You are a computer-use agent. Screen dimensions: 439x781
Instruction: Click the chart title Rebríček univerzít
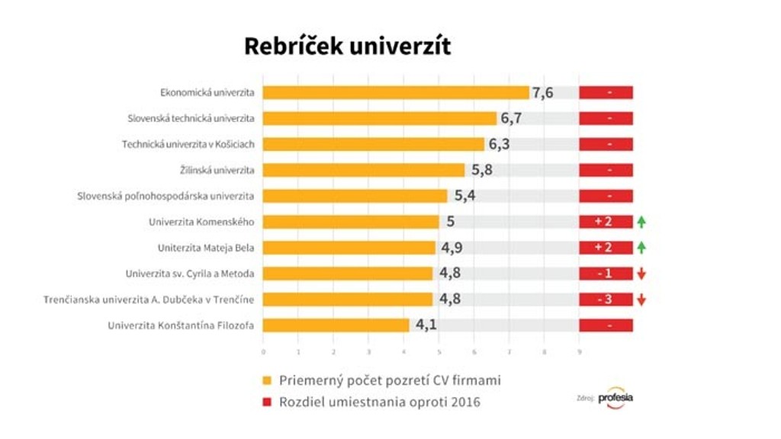tap(347, 46)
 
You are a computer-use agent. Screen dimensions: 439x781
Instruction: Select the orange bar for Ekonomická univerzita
tap(396, 93)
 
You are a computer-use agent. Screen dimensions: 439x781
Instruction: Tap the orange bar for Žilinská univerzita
tap(364, 170)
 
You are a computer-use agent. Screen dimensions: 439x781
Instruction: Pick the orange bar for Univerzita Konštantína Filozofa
tap(336, 325)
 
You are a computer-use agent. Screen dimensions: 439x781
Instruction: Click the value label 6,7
tap(511, 119)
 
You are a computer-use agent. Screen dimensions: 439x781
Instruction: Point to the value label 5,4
tap(466, 196)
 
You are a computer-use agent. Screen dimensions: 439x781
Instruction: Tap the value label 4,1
tap(427, 325)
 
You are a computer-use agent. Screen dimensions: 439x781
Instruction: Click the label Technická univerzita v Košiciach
tap(188, 145)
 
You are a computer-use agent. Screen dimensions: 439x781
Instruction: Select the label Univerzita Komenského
tap(201, 222)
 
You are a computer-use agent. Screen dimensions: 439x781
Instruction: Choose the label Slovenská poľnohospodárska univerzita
tap(166, 196)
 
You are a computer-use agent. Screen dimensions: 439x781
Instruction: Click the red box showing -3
tap(606, 300)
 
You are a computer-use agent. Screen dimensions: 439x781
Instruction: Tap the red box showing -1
tap(606, 274)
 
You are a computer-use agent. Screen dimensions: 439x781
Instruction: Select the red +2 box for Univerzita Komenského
tap(606, 222)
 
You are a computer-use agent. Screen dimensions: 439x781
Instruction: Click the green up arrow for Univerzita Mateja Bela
tap(641, 248)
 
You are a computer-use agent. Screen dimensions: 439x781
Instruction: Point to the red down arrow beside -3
tap(641, 300)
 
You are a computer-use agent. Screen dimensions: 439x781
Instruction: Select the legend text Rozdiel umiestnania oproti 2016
tap(380, 402)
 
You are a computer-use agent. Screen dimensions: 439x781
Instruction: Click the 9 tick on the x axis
tap(580, 352)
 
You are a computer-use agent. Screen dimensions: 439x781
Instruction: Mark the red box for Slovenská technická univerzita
tap(606, 119)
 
